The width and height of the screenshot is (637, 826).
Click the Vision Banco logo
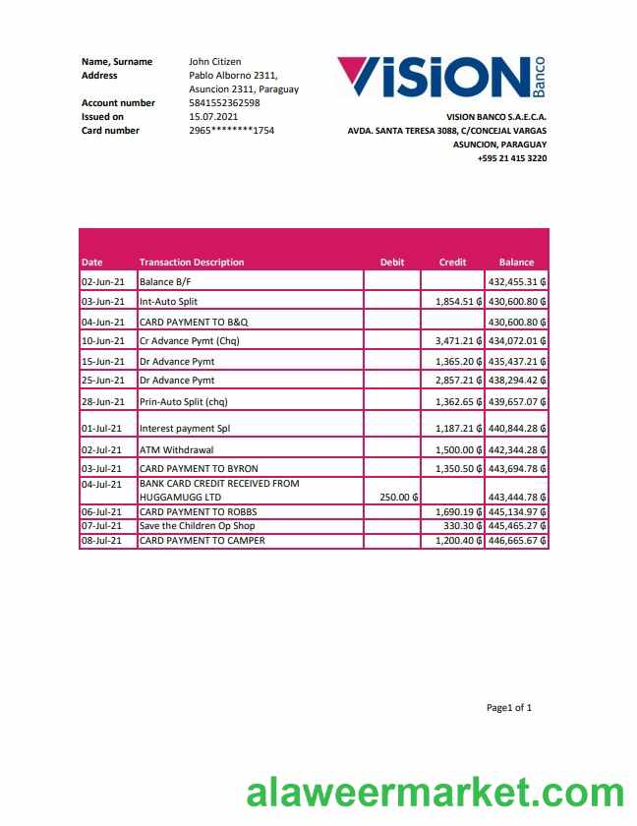pos(440,78)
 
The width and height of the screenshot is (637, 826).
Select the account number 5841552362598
pos(224,102)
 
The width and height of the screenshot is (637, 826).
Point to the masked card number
pos(231,130)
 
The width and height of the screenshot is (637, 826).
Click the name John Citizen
pos(214,61)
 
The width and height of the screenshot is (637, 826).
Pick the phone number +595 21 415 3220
pos(511,158)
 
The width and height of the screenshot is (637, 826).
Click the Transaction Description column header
pos(192,263)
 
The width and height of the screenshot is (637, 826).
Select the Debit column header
pos(391,263)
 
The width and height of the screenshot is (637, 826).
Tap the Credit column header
pos(452,263)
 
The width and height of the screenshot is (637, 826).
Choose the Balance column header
pos(516,263)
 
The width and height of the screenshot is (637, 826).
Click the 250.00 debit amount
pos(398,497)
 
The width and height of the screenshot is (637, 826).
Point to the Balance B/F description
pos(165,282)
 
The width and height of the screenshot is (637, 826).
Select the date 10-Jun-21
pos(103,341)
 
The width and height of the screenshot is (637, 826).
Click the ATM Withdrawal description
pos(176,449)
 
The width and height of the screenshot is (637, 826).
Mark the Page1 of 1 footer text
pos(508,707)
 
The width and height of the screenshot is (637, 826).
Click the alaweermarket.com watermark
pos(434,794)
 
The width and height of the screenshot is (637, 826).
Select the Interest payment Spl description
pos(184,429)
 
